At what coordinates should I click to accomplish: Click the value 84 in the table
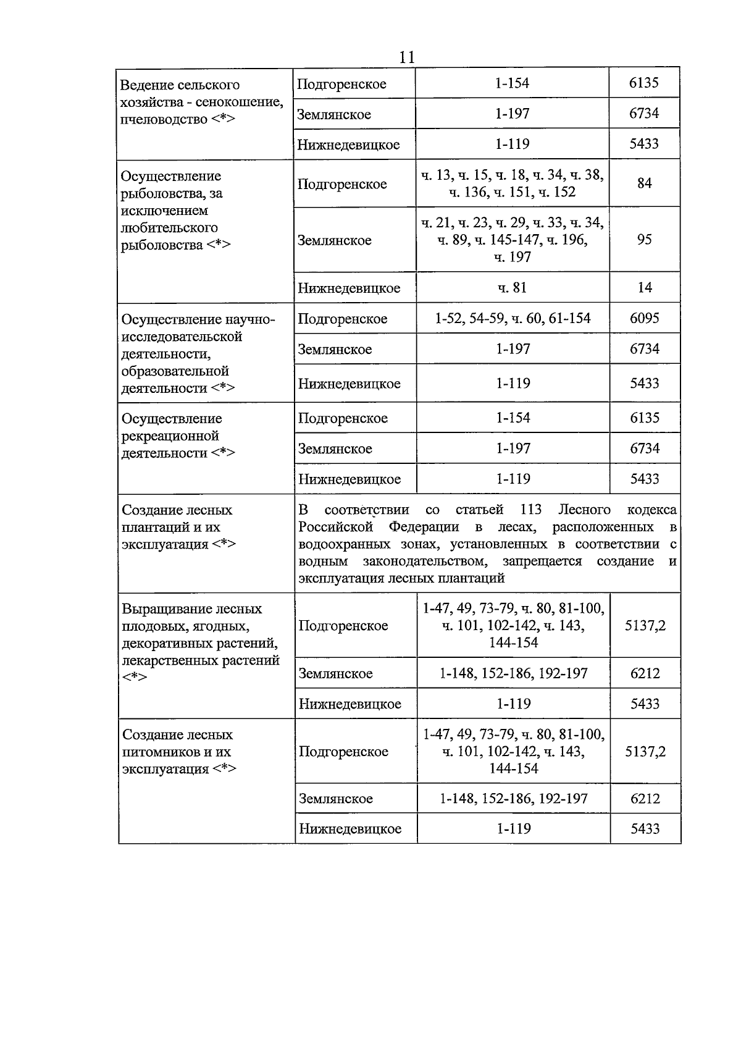coord(644,183)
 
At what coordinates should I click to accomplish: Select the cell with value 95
coord(644,240)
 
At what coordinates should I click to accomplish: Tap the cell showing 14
coord(644,287)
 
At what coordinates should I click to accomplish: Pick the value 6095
coord(645,318)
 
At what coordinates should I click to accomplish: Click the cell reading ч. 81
coord(513,287)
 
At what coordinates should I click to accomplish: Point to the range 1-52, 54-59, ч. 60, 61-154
coord(513,318)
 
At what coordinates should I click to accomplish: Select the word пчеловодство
coord(164,119)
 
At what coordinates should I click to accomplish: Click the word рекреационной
coord(170,436)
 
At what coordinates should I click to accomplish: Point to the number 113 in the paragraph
coord(530,510)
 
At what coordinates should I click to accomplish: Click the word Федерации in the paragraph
coord(424,527)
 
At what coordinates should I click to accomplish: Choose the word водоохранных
coord(337,544)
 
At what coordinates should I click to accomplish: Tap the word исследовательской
coord(182,337)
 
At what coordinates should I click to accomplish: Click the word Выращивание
coord(161,608)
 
